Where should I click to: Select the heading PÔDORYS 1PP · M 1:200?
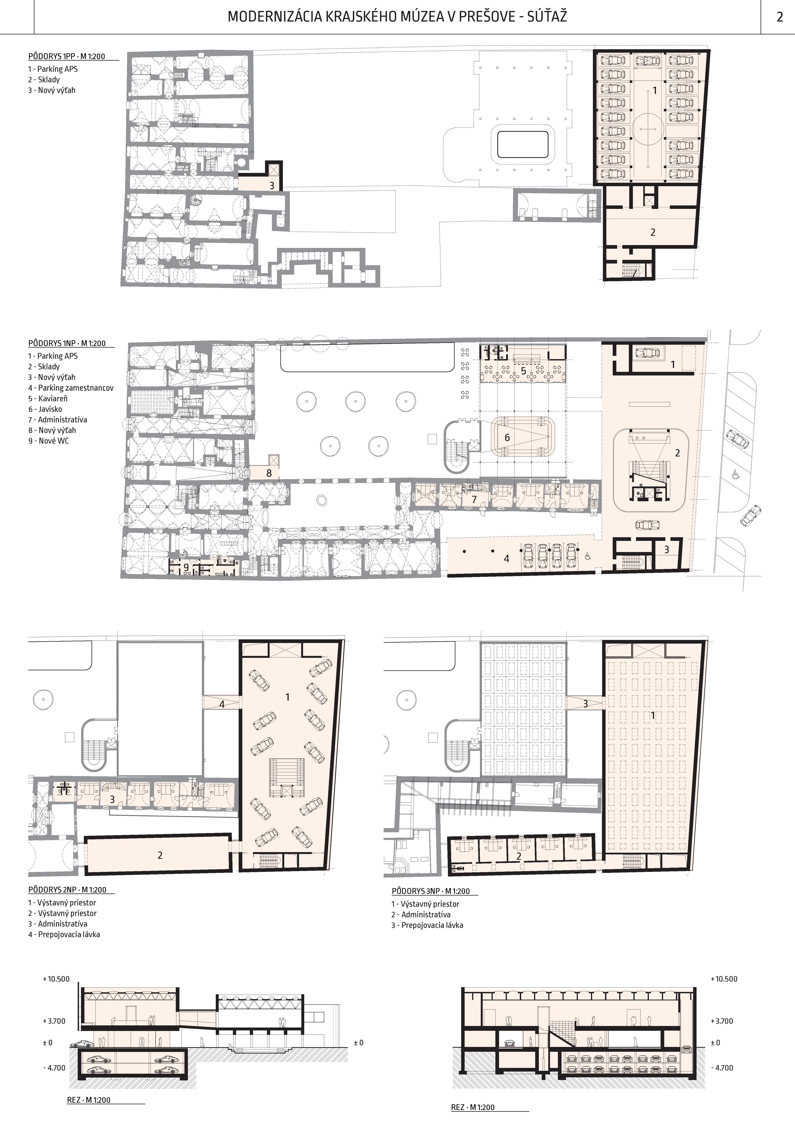[67, 56]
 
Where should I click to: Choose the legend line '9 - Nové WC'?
[48, 441]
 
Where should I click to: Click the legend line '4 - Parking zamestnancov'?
[71, 388]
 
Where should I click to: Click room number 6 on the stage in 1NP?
[507, 437]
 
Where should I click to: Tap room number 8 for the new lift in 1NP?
[269, 473]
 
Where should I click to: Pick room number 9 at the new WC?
[186, 567]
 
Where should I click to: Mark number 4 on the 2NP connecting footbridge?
[222, 704]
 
